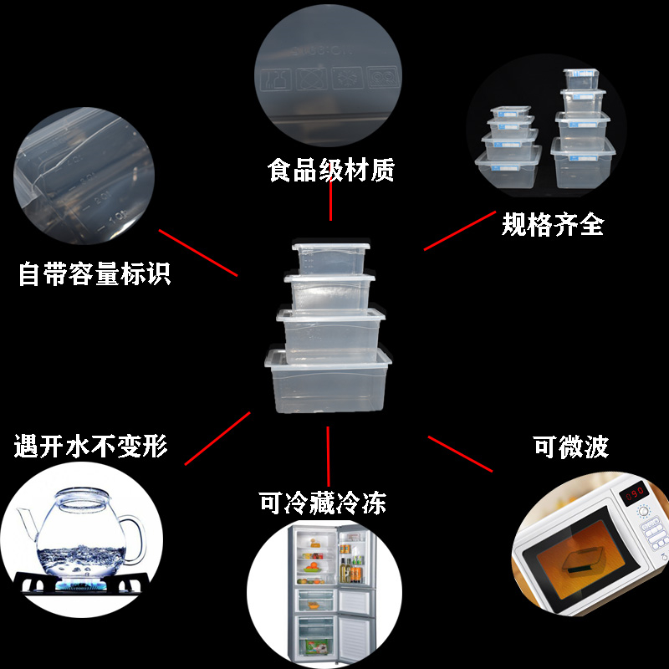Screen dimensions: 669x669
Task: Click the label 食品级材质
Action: pyautogui.click(x=331, y=171)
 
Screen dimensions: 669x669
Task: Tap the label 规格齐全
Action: pyautogui.click(x=553, y=223)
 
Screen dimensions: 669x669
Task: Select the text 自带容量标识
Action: pyautogui.click(x=94, y=273)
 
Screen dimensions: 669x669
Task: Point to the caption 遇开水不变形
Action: pyautogui.click(x=91, y=446)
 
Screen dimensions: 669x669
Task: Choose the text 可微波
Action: pyautogui.click(x=571, y=447)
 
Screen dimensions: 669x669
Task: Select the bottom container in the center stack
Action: pyautogui.click(x=329, y=380)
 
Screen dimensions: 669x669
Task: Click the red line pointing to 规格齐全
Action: pyautogui.click(x=459, y=230)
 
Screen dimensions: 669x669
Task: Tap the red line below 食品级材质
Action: pyautogui.click(x=331, y=201)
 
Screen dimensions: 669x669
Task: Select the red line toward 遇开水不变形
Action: pyautogui.click(x=217, y=438)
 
